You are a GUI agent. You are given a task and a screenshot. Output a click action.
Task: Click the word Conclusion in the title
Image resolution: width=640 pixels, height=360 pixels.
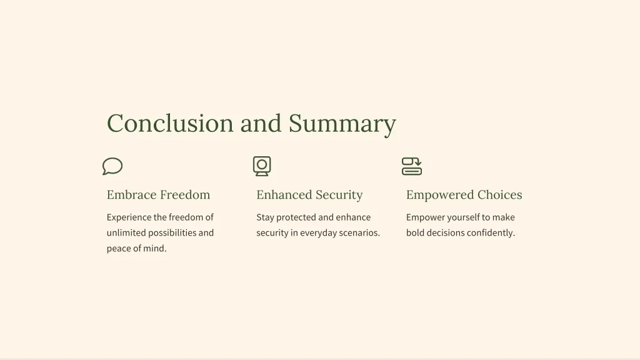pos(170,123)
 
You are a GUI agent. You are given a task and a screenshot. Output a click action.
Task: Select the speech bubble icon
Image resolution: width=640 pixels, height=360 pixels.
pos(112,166)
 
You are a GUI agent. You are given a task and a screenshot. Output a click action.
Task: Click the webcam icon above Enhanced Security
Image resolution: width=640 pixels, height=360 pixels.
pos(262,166)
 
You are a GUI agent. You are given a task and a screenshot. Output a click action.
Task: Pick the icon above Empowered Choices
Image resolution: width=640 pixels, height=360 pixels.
pos(412,166)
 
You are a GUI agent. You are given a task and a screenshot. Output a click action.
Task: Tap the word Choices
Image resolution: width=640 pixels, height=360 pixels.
pos(499,195)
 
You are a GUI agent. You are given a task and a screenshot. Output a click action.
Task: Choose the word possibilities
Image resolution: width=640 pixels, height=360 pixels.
pos(172,233)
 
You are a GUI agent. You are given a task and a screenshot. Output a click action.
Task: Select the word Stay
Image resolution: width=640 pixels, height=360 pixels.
pos(265,217)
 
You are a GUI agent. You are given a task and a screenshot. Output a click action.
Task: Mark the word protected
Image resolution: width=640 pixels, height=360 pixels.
pos(296,217)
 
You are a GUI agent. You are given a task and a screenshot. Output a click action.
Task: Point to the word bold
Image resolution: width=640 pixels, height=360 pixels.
pos(415,232)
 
